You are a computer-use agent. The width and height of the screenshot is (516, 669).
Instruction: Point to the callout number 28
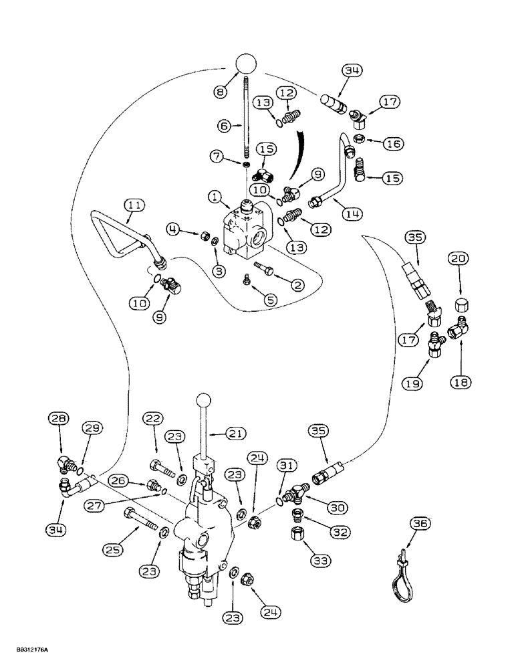58,419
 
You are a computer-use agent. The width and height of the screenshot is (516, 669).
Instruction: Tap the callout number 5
271,301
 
